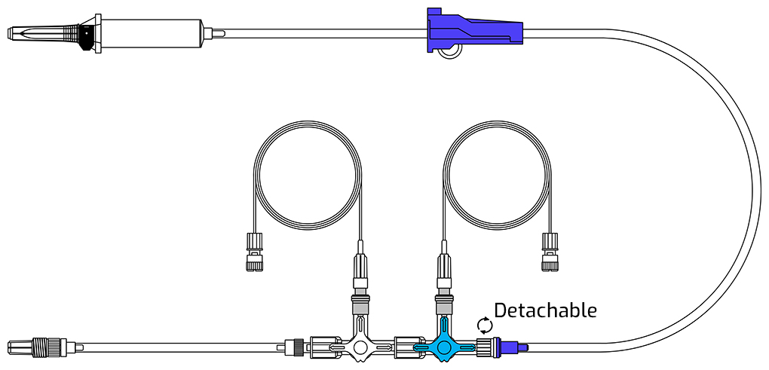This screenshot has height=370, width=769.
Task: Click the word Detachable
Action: [x=545, y=310]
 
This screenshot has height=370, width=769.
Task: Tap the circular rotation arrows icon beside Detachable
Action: [x=485, y=325]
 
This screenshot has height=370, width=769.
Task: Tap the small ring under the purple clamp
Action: [x=449, y=51]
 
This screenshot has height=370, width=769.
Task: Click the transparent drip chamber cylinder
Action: [x=152, y=34]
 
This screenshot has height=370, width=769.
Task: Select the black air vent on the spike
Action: [x=86, y=33]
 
